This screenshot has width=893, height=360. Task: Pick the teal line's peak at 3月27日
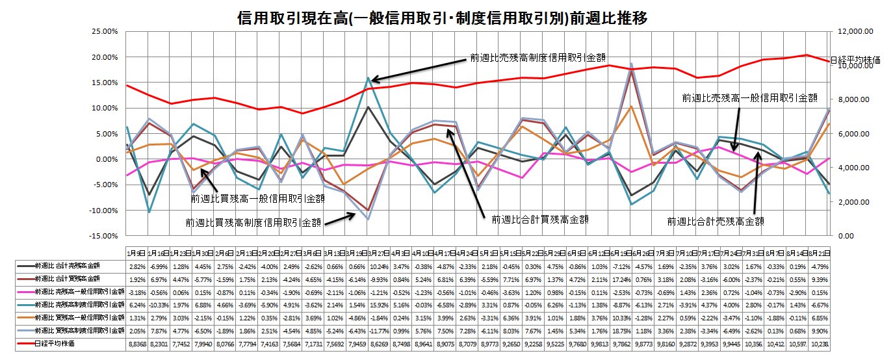(369, 78)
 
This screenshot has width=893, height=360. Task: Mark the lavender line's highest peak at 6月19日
(631, 64)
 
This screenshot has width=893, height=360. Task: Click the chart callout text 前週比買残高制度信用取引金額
(254, 222)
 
